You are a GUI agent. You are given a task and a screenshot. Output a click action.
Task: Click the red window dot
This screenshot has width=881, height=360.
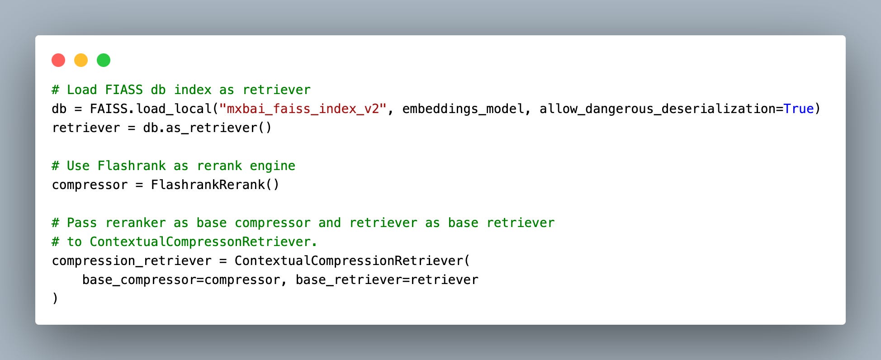point(58,60)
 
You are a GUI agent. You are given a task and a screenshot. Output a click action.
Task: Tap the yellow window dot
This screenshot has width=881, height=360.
point(81,60)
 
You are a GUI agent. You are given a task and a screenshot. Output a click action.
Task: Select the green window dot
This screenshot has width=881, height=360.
point(104,60)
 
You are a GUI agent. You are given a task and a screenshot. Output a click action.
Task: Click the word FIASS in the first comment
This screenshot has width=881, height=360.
point(123,90)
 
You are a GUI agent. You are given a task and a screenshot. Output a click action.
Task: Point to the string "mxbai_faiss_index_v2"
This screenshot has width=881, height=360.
point(303,109)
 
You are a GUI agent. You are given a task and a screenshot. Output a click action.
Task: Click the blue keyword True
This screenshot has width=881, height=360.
point(798,109)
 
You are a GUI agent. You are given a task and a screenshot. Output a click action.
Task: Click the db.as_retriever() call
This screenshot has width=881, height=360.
point(207,128)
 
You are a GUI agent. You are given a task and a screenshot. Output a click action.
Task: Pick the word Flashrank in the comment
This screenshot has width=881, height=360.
point(132,166)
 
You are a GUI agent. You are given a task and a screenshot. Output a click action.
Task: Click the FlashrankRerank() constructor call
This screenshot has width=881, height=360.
point(215,185)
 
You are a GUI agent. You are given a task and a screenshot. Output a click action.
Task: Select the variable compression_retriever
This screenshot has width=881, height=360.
point(132,261)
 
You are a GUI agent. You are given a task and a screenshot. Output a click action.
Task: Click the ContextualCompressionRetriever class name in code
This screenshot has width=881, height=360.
point(349,261)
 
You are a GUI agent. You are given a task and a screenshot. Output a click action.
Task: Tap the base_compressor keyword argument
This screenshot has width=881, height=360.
point(139,280)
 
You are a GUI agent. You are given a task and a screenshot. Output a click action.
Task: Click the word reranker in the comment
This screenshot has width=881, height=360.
point(135,223)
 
